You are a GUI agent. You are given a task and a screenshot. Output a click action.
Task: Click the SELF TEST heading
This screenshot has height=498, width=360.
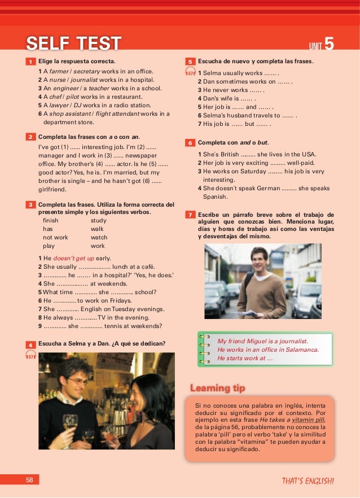tap(74, 43)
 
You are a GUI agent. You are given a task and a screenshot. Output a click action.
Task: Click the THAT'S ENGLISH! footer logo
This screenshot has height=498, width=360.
tap(308, 481)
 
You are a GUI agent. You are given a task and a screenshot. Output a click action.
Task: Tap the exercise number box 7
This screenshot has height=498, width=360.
tap(191, 215)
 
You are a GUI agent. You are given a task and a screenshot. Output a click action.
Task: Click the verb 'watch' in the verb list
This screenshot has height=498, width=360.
tap(99, 238)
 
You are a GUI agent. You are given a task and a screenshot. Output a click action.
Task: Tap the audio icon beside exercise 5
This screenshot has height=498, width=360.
tap(190, 72)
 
